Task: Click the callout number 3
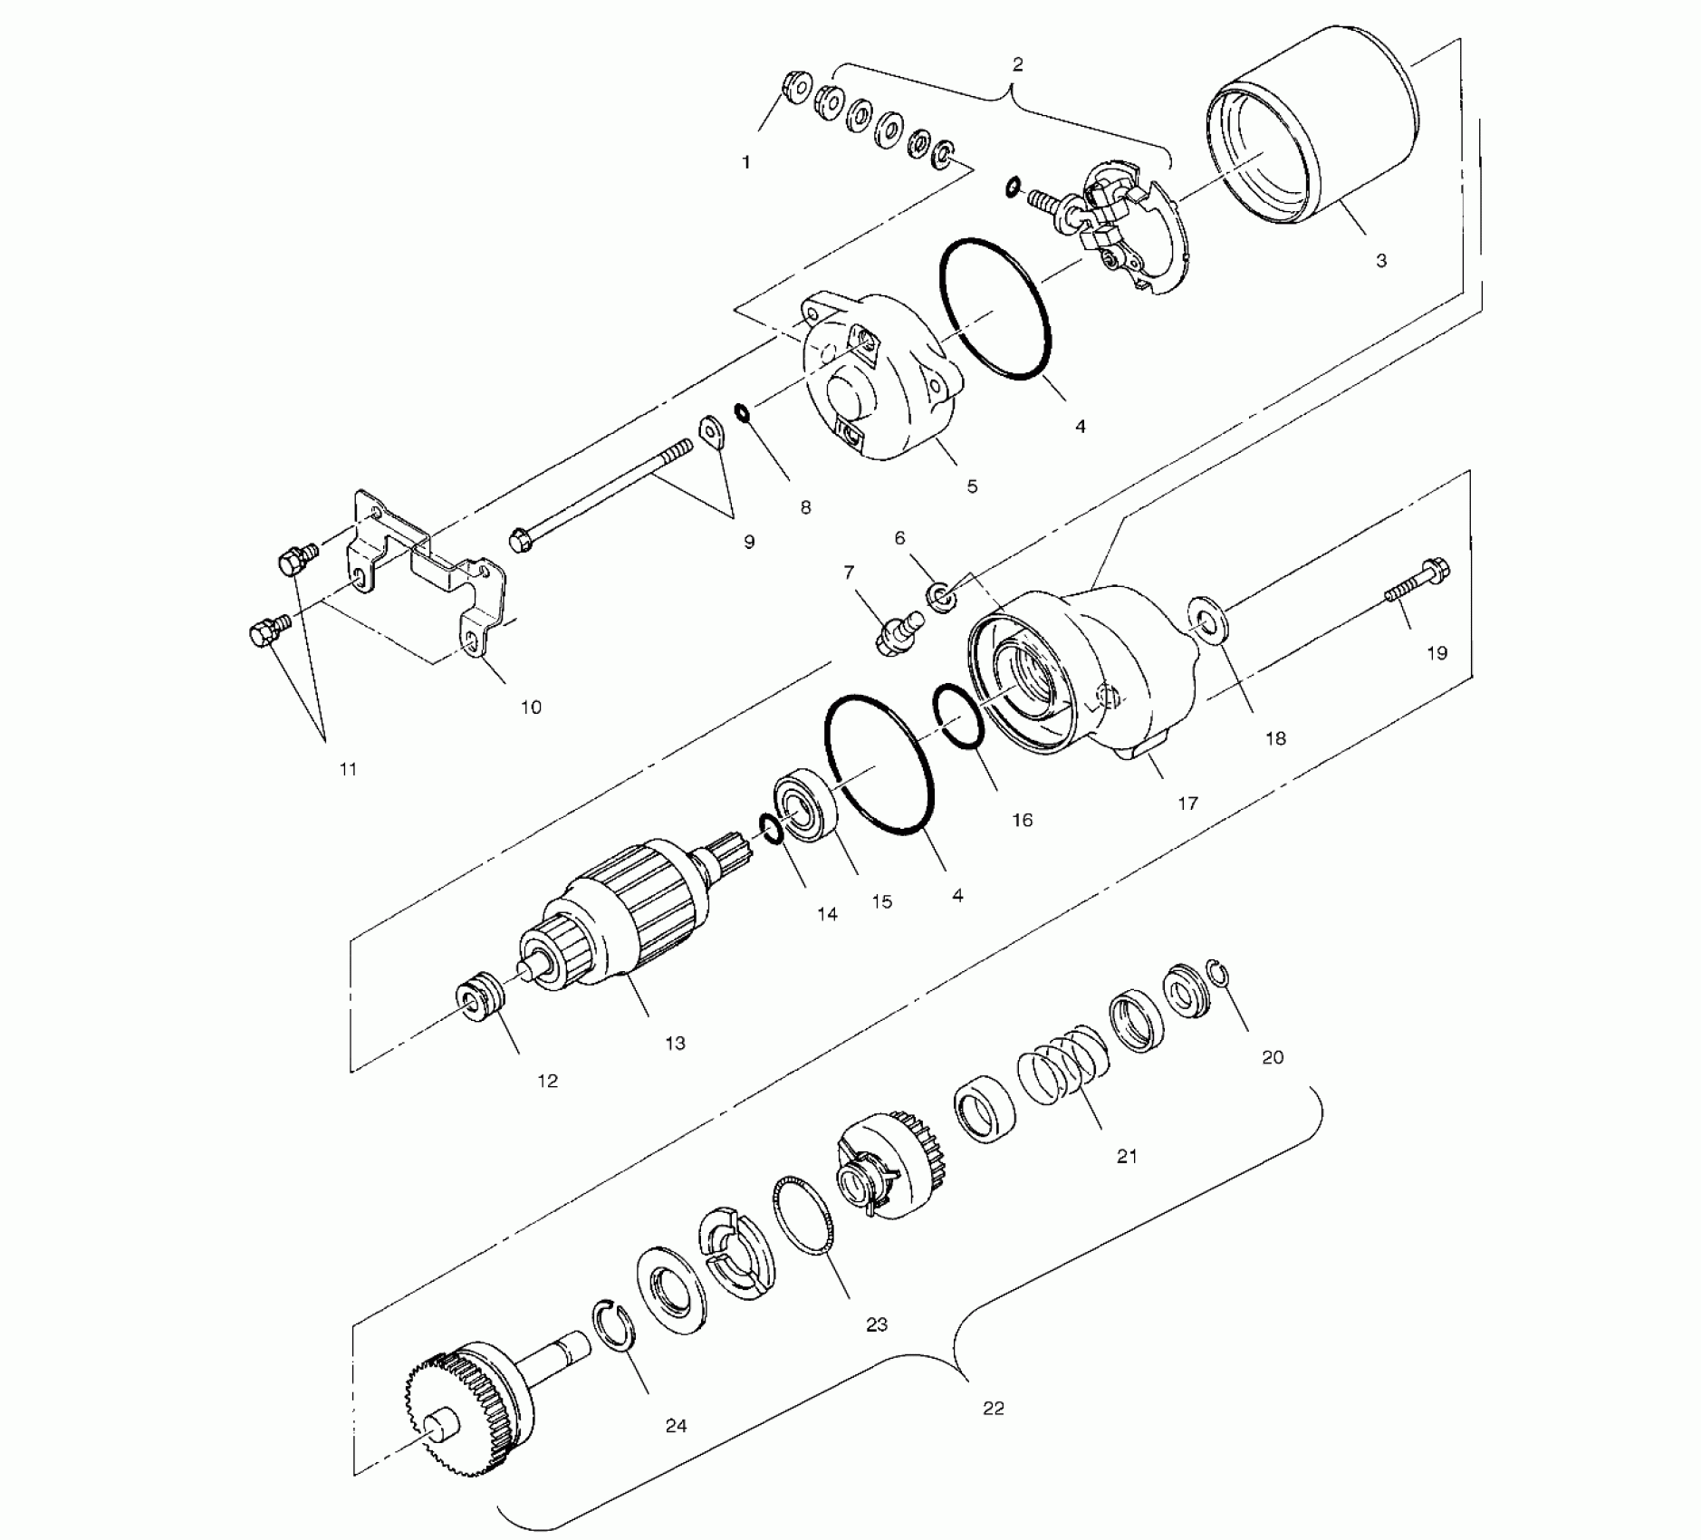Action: (1380, 261)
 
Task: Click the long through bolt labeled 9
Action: (598, 494)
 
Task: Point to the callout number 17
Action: (1187, 804)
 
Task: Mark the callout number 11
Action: (348, 769)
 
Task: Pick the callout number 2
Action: (1017, 64)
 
